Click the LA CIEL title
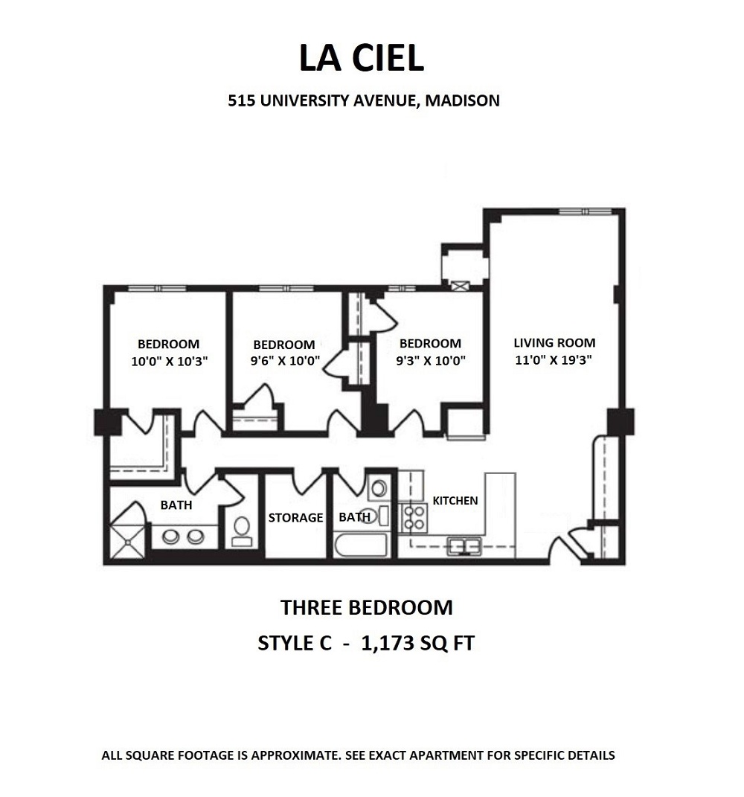coord(362,58)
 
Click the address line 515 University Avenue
coord(363,100)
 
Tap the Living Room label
coord(554,343)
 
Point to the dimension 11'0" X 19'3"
coord(554,360)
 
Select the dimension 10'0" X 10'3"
coord(168,362)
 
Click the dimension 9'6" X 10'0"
coord(284,362)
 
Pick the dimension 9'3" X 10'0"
coord(430,361)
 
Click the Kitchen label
coord(455,501)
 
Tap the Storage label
coord(295,517)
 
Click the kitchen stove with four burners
coord(413,517)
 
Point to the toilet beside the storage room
coord(242,529)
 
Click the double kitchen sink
coord(464,546)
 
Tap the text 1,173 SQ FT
coord(417,643)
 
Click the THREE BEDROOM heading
coord(366,607)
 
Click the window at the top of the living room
coord(585,211)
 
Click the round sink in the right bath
coord(379,488)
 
